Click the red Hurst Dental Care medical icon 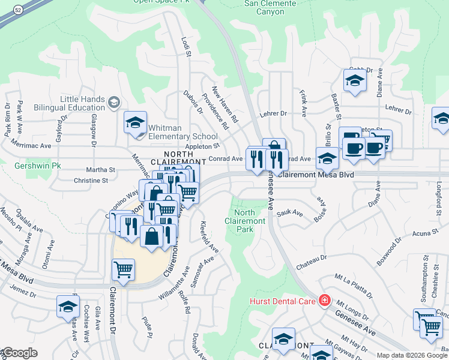(325, 299)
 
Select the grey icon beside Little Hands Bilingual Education (113, 103)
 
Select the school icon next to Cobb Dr (355, 81)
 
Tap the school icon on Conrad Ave (328, 160)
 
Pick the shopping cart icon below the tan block (123, 269)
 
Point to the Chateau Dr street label (310, 257)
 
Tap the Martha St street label (101, 170)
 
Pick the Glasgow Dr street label (94, 131)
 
